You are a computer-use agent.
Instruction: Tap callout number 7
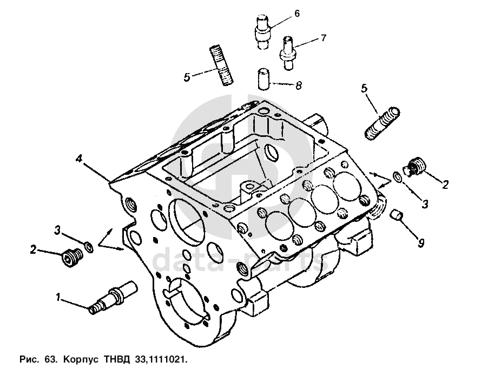click(323, 38)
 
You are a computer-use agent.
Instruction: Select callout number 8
click(298, 85)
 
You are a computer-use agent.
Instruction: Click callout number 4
click(79, 159)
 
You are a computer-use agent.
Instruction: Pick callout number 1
click(58, 297)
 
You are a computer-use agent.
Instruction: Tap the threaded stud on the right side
click(383, 124)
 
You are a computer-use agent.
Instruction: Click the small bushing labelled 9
click(398, 215)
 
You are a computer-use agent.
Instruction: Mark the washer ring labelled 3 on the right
click(397, 177)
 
